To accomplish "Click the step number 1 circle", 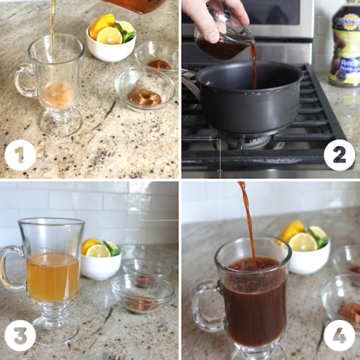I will pos(20,155).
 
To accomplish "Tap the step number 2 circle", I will pos(339,155).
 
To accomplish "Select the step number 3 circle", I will pos(20,335).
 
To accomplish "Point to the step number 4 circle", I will pos(339,335).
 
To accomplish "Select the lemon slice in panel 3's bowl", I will pos(98,251).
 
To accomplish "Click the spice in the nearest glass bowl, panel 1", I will pos(145,98).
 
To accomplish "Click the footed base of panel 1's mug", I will pos(61,123).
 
